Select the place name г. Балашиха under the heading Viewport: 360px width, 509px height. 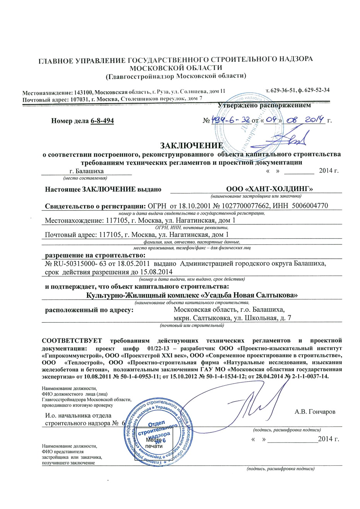coord(87,171)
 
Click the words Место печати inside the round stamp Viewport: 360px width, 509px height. coord(154,443)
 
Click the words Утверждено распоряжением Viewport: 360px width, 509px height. coord(264,105)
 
